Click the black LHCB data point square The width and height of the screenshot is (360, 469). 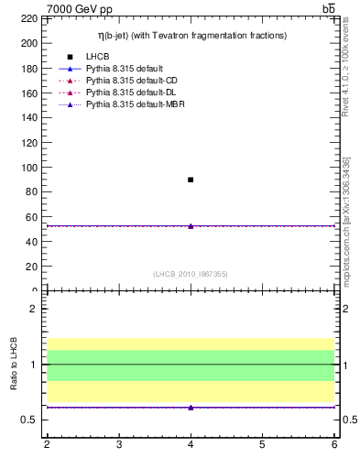click(x=191, y=180)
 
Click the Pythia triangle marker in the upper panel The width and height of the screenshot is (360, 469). click(x=191, y=225)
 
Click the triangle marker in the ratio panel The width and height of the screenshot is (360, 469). click(x=191, y=407)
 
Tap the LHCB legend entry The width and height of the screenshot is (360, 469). click(x=98, y=57)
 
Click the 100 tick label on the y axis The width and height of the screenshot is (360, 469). click(x=29, y=168)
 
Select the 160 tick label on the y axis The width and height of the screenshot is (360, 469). click(x=29, y=93)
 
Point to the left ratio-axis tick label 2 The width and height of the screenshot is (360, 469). click(x=33, y=309)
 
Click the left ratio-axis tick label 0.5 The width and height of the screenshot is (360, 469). click(x=29, y=420)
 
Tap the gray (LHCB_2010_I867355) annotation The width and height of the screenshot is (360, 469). click(x=191, y=273)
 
